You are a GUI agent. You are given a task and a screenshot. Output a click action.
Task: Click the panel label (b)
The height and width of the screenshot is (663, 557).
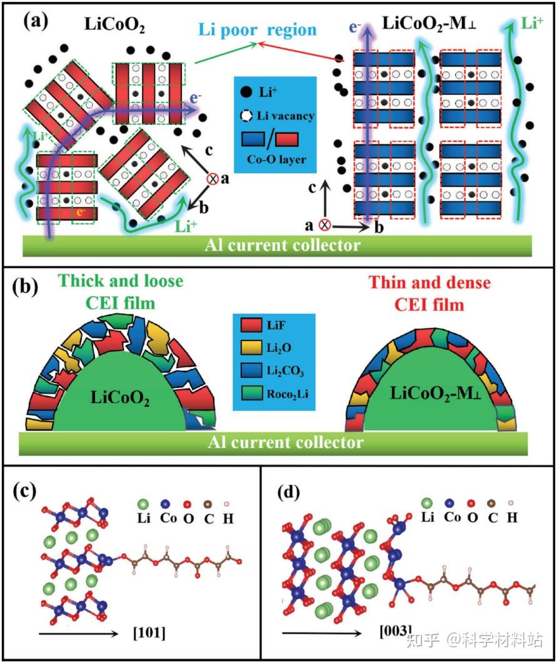click(36, 288)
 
